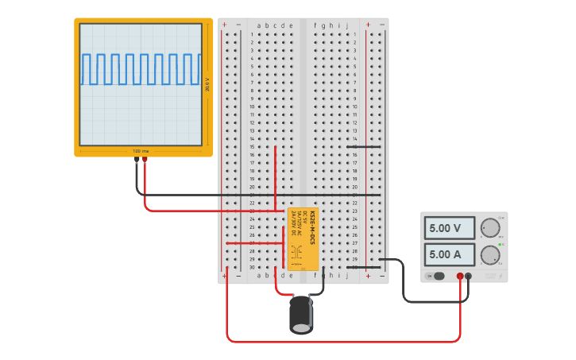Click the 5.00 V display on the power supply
(x=449, y=228)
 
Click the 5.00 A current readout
(x=449, y=254)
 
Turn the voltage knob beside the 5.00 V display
(x=489, y=228)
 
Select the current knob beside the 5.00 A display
(x=489, y=255)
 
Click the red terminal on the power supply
(x=460, y=277)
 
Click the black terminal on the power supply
(x=469, y=277)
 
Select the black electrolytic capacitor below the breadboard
(x=301, y=314)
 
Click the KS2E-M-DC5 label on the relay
(x=312, y=226)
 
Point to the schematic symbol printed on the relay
(x=296, y=253)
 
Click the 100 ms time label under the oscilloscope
(x=141, y=151)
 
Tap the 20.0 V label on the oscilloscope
(x=207, y=84)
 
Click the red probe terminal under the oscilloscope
(x=145, y=160)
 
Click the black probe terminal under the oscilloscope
(x=137, y=160)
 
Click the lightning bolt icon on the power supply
(x=501, y=276)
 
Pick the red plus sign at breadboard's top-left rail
(x=224, y=25)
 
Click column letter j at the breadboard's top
(x=346, y=25)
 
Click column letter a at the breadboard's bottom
(x=258, y=275)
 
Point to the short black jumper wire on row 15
(x=363, y=146)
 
